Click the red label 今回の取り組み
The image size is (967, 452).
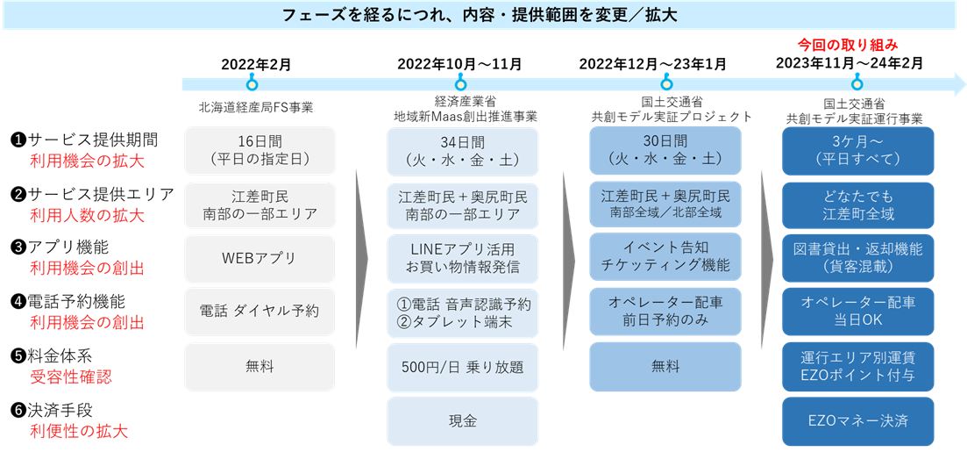847,44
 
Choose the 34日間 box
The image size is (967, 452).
462,151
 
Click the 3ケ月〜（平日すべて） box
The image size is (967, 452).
858,151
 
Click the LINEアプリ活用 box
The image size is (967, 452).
462,258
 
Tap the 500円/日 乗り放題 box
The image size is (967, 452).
462,367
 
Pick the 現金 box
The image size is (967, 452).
462,421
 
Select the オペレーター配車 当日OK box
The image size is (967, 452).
858,311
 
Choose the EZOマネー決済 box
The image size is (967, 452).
858,421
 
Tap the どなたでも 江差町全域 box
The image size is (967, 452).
858,204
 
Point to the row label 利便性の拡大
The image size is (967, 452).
77,431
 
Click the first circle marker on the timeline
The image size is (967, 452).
252,84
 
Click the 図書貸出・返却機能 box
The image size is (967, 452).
858,256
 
